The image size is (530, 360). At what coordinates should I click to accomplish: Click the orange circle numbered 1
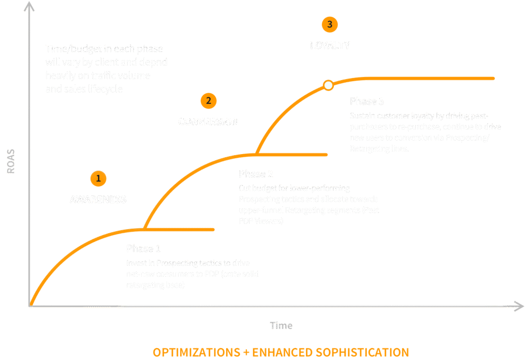point(98,179)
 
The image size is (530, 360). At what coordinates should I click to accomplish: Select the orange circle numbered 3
point(329,24)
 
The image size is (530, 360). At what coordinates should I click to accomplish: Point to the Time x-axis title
point(281,325)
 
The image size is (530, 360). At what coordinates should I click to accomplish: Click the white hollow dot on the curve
point(328,86)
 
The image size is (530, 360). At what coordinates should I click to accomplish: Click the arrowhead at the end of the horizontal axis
point(519,306)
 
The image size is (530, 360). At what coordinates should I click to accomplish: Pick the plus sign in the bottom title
point(246,353)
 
